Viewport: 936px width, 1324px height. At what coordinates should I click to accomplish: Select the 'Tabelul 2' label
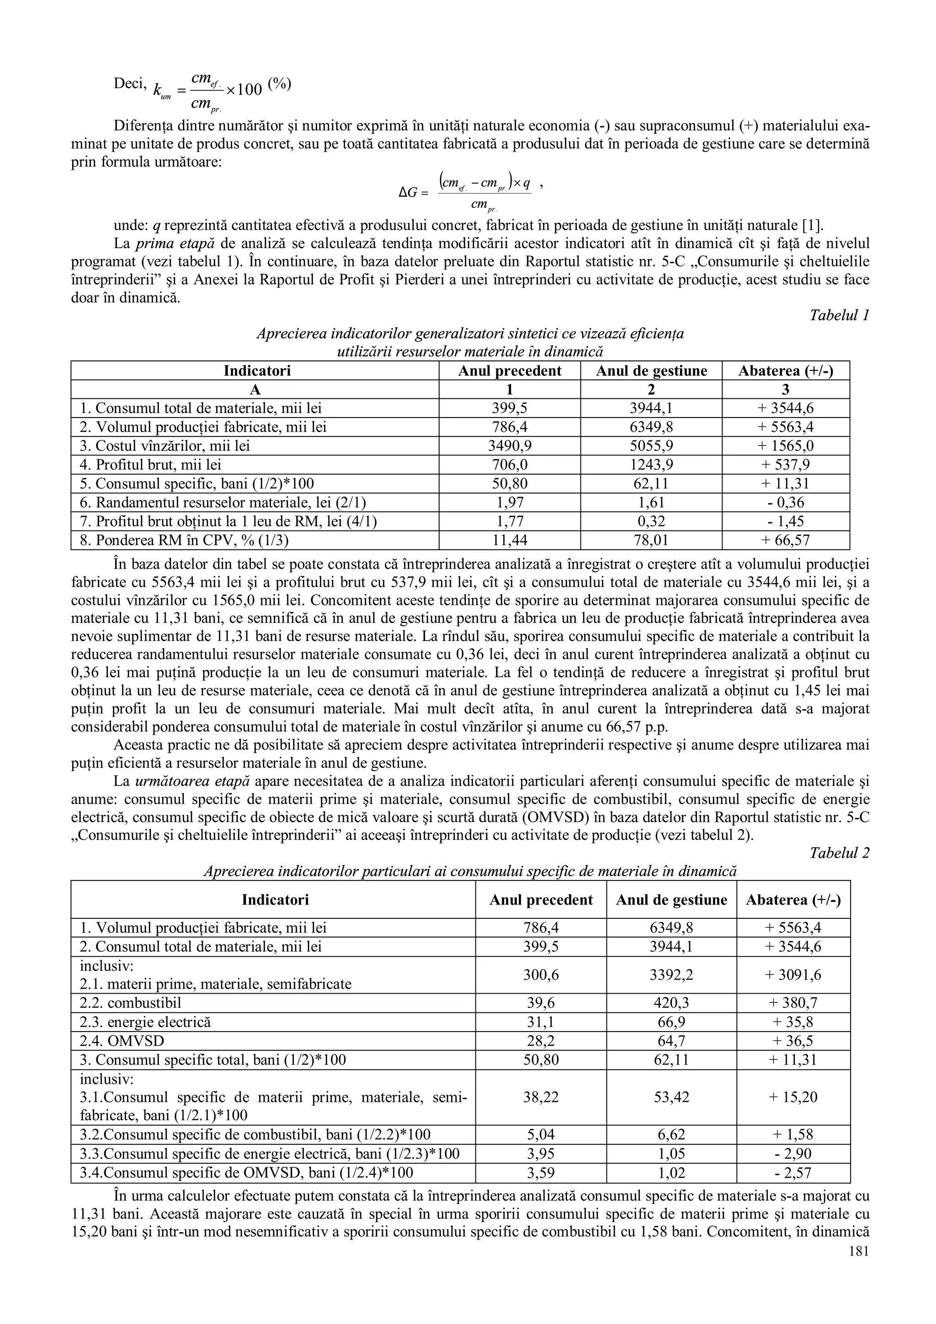(839, 853)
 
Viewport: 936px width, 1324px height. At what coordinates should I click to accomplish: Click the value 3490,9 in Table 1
(509, 446)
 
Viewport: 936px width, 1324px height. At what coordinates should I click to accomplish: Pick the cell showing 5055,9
(651, 446)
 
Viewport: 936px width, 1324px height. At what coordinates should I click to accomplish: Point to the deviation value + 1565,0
(786, 446)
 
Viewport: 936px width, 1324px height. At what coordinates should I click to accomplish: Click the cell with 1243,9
(651, 465)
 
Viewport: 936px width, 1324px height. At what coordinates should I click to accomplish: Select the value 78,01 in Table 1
(651, 540)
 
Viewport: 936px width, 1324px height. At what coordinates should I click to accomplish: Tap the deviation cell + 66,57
(786, 540)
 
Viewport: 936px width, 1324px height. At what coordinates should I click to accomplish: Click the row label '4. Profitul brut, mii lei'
(150, 465)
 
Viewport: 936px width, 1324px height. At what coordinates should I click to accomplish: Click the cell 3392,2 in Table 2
(671, 974)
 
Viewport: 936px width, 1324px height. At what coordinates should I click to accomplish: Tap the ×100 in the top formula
(245, 90)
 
